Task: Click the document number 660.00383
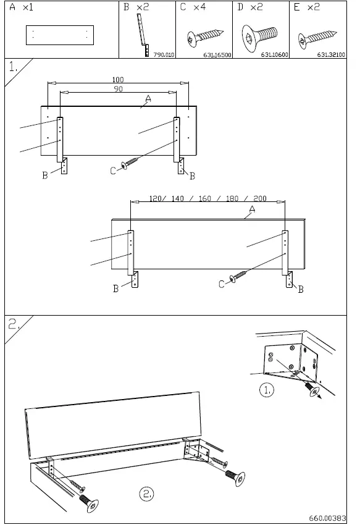327,519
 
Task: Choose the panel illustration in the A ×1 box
60,36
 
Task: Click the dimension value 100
118,80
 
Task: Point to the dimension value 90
118,89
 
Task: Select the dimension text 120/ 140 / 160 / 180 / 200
207,199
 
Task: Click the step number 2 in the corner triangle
14,324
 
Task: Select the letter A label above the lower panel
252,210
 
